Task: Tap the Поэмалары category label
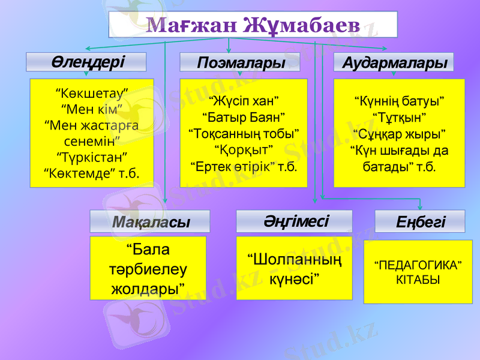tap(240, 62)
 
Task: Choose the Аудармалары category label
tap(394, 62)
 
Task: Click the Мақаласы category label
tap(150, 221)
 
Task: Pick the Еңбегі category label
tap(420, 222)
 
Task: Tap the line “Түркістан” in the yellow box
tap(92, 157)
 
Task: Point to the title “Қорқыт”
tap(243, 148)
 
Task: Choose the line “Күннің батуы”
tap(399, 99)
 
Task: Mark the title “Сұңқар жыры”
tap(399, 132)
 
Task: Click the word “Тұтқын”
tap(399, 115)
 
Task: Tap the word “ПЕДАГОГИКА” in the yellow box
tap(418, 265)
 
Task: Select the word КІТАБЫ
tap(418, 280)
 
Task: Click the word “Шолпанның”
tap(295, 261)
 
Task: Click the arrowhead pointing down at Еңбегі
tap(420, 208)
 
